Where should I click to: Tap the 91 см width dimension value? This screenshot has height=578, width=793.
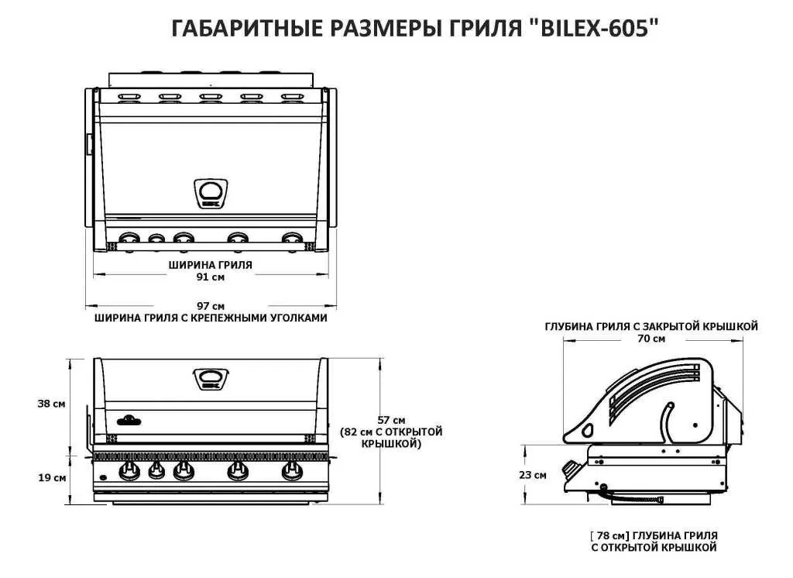[x=210, y=277]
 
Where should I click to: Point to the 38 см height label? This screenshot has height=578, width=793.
[x=50, y=404]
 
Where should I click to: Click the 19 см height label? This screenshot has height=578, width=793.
[x=50, y=477]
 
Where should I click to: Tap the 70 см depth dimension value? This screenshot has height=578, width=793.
[x=651, y=339]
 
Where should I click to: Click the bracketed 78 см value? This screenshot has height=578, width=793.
[x=609, y=535]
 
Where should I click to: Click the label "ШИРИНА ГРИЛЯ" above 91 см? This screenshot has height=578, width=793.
[x=210, y=264]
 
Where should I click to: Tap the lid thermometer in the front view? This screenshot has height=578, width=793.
[x=210, y=379]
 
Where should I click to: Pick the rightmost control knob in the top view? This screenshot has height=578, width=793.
[x=292, y=239]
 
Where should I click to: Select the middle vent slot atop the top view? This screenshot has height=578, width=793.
[x=210, y=98]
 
